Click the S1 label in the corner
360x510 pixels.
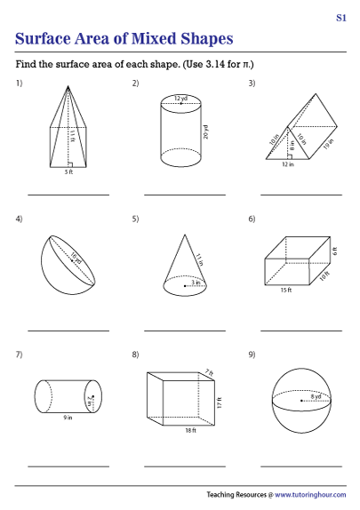pos(341,18)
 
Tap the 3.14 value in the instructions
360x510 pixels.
pos(215,64)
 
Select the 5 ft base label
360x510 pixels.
pos(68,172)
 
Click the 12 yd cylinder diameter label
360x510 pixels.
pos(180,99)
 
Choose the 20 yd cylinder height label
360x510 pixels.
pos(205,132)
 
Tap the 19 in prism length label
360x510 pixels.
pos(328,144)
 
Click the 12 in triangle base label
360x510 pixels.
pos(288,164)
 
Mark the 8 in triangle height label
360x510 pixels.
pos(292,146)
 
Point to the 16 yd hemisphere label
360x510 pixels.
pos(76,259)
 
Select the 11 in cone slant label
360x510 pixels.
pos(199,259)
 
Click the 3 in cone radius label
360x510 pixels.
pos(196,283)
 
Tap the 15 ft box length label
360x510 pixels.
pos(286,290)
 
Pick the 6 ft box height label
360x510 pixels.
pos(334,251)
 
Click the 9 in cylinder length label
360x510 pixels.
pos(68,418)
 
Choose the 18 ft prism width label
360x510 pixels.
pos(191,430)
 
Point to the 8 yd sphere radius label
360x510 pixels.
pos(316,396)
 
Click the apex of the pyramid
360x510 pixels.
pos(68,86)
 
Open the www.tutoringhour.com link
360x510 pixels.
pos(310,495)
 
